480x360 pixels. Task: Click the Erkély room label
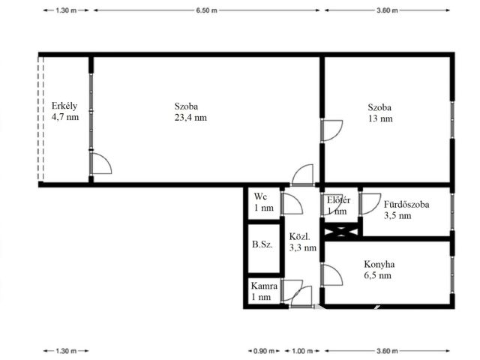[x=64, y=106]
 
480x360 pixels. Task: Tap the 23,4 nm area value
[x=190, y=118]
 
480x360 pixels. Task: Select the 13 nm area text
[x=380, y=118]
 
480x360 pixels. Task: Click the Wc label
[x=260, y=196]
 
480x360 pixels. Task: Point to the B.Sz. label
[x=262, y=244]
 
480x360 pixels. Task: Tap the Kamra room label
[x=264, y=286]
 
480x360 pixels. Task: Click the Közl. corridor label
[x=300, y=236]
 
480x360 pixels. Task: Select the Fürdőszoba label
[x=406, y=204]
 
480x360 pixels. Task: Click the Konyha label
[x=379, y=264]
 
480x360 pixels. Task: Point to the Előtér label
[x=338, y=200]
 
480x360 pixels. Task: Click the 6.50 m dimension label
[x=207, y=10]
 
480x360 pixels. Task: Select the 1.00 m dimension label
[x=302, y=351]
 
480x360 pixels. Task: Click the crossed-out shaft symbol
[x=341, y=232]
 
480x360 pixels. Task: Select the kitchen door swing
[x=331, y=275]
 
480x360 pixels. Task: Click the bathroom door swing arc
[x=370, y=204]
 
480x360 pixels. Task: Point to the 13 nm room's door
[x=331, y=130]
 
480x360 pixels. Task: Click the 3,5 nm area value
[x=397, y=215]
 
